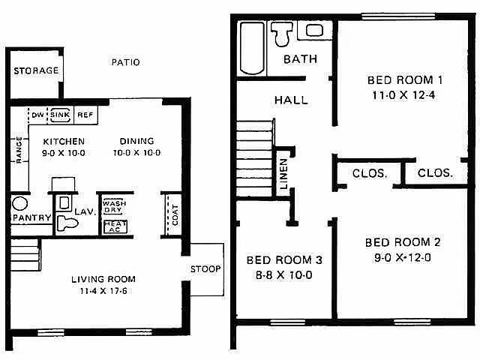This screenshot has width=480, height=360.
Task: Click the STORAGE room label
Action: coord(36,70)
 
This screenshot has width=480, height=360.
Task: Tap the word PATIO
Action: coord(125,62)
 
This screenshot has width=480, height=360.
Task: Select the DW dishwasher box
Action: coord(37,115)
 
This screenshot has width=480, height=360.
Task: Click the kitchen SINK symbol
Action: coord(60,115)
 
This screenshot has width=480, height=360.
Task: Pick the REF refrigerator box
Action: coord(85,115)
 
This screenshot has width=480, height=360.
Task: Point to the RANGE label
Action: coord(19,150)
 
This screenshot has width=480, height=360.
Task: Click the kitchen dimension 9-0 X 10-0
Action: coord(64,153)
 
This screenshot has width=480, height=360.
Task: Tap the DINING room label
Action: coord(136,141)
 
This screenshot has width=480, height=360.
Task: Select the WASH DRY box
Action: coord(114,207)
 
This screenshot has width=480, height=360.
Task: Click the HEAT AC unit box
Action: coord(115,226)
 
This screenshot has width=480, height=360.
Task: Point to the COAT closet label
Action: coord(175,215)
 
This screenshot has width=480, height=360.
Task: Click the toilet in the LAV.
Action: coord(67,223)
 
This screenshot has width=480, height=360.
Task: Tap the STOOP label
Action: coord(205,269)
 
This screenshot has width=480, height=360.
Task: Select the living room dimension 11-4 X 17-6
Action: coord(103,291)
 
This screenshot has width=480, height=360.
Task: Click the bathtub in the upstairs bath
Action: coord(252,48)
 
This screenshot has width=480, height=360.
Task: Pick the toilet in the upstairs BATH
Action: coord(282,34)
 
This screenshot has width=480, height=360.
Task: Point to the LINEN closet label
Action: coord(283,173)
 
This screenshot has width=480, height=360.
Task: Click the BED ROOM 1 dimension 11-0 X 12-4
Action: coord(403,95)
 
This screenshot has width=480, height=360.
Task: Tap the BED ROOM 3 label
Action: coord(284,260)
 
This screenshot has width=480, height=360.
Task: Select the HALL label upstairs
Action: coord(291,100)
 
